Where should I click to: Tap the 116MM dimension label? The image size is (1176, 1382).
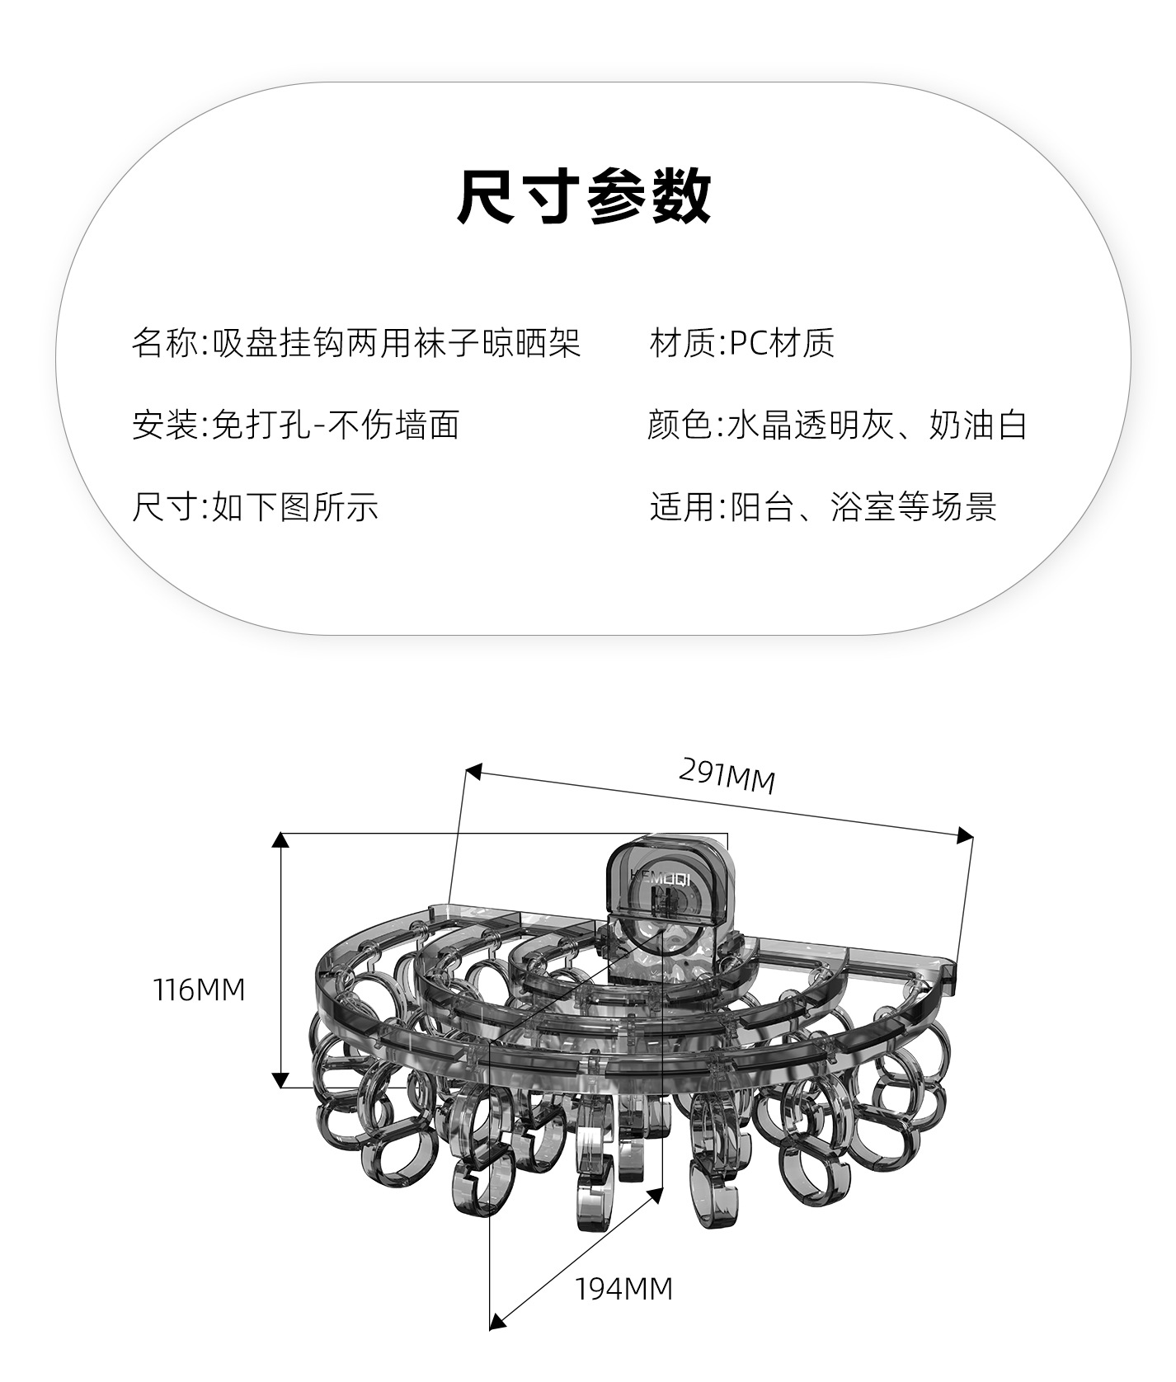(200, 989)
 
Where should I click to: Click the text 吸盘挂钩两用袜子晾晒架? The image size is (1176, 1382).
(397, 343)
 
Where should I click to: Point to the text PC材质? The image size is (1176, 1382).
(782, 343)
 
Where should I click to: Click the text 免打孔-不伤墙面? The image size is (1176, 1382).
(336, 425)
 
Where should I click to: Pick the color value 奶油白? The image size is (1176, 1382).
(978, 425)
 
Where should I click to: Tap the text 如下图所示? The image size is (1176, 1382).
(295, 506)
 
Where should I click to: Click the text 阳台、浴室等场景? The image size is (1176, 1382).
(863, 506)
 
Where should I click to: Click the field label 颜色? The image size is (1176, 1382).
(680, 425)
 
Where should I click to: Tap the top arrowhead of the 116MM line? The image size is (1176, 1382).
(280, 840)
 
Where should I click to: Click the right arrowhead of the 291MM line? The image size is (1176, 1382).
(965, 836)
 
